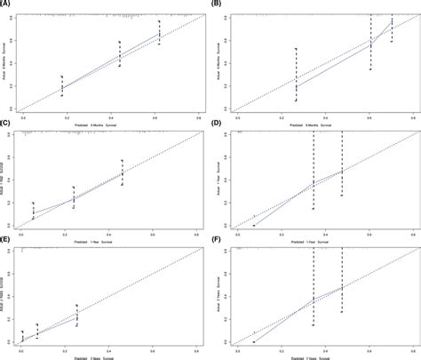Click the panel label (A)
point(7,4)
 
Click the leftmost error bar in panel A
point(61,84)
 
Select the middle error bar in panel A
point(119,53)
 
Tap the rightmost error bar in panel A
point(159,32)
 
